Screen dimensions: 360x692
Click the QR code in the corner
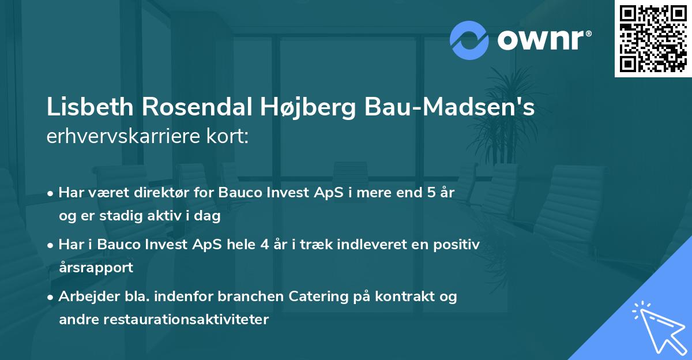[653, 38]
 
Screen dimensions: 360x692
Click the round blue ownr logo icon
[469, 40]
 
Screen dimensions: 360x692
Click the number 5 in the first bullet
[430, 193]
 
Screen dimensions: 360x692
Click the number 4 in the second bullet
[264, 244]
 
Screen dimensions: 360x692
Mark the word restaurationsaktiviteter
[186, 320]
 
